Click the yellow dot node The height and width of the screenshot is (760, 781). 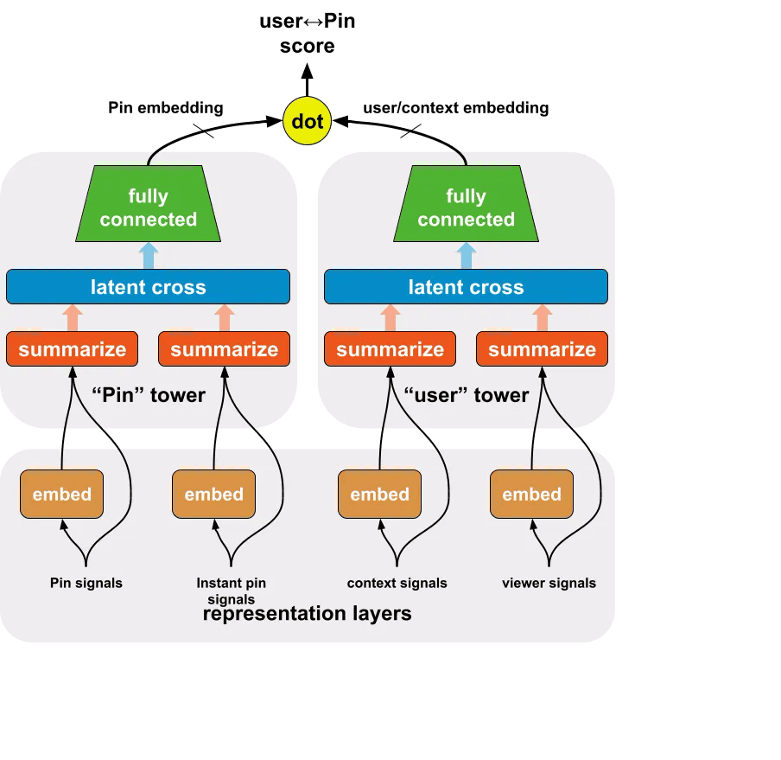(x=307, y=121)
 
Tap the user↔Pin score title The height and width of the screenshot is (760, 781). (x=308, y=34)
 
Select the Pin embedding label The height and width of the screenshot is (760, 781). (x=166, y=108)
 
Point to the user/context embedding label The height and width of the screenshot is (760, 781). (x=456, y=108)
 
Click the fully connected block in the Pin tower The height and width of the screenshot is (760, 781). (x=148, y=204)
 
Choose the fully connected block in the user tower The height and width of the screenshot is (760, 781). (x=466, y=204)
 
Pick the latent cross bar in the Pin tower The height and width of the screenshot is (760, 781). (x=148, y=286)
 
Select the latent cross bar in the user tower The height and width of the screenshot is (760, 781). (x=466, y=286)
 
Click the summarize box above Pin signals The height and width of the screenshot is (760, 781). (x=73, y=348)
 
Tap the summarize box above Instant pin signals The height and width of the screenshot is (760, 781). (x=224, y=348)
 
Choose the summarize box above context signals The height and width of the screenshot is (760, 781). (x=390, y=348)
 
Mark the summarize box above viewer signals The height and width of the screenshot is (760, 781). (x=542, y=348)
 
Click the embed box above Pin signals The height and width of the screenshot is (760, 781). (x=61, y=494)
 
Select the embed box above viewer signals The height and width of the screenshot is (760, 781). (x=531, y=494)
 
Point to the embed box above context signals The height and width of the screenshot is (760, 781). (x=379, y=494)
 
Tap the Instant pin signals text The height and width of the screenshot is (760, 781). (x=232, y=591)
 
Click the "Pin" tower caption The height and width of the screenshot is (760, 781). (x=149, y=395)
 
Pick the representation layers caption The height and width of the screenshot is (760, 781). (x=308, y=614)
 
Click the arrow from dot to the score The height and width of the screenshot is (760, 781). (x=308, y=80)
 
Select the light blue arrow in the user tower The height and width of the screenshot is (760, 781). (x=466, y=256)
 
